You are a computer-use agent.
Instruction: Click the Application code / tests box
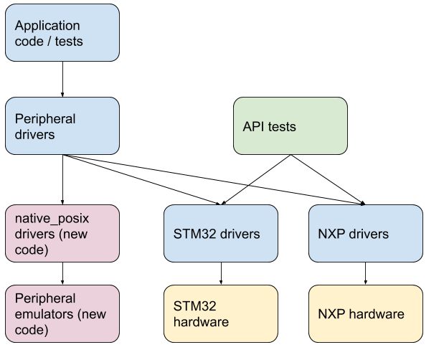[62, 33]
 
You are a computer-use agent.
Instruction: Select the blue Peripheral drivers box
[62, 126]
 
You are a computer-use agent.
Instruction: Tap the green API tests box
[290, 126]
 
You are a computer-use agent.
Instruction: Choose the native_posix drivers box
[62, 233]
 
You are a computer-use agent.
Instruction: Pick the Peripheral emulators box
[62, 314]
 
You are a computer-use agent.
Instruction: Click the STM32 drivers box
[220, 233]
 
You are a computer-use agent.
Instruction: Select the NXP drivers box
[365, 233]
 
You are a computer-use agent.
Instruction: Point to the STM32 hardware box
[220, 314]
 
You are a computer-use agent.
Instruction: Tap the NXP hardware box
[365, 314]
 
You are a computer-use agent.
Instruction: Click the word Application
[47, 26]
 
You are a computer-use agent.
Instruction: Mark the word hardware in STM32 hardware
[201, 323]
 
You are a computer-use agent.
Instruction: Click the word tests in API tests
[281, 127]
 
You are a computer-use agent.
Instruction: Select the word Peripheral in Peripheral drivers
[45, 118]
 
